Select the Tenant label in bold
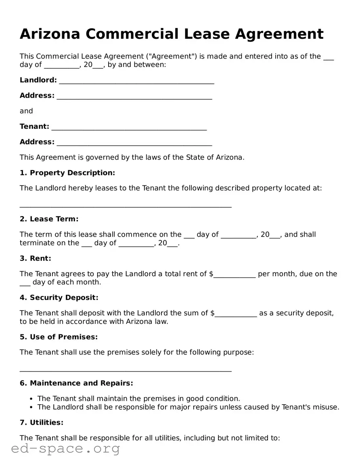coord(34,126)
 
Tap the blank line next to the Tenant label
coord(129,128)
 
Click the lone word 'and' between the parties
coord(26,111)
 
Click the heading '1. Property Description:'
coord(67,173)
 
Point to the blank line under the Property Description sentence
coord(126,206)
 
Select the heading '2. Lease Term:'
coord(49,219)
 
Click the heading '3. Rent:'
coord(36,258)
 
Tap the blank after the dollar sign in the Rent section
coord(234,276)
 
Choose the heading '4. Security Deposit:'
coord(59,298)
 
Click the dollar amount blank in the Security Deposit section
coord(236,315)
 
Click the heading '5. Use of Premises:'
coord(59,337)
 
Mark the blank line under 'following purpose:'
coord(126,370)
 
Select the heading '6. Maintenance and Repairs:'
coord(76,383)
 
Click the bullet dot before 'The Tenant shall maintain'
coord(31,399)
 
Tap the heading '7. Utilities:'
coord(42,422)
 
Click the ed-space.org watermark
coord(65,448)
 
